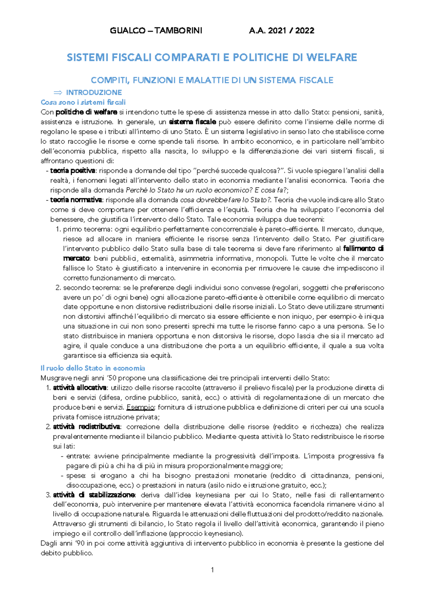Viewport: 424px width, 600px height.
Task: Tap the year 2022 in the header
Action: point(305,30)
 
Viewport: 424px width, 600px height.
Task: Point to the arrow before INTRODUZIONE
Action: point(57,93)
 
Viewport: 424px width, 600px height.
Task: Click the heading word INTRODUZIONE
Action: point(94,93)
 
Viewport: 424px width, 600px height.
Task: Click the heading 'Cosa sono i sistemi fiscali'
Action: point(83,102)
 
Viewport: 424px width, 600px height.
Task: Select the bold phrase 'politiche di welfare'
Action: point(86,112)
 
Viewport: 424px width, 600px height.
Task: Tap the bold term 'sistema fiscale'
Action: point(193,122)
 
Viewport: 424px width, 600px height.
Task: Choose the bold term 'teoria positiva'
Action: point(72,171)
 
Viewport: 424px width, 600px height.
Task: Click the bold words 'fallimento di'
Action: point(364,248)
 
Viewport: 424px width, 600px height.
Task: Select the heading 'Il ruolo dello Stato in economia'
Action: point(93,368)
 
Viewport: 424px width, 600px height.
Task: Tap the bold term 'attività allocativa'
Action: point(79,388)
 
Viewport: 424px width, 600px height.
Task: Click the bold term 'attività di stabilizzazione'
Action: point(94,495)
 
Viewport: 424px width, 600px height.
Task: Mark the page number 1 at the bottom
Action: point(212,570)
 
